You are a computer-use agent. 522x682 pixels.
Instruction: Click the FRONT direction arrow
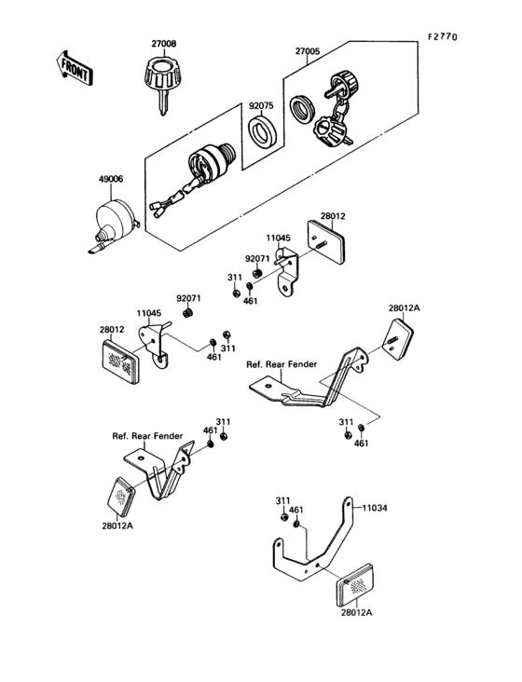72,67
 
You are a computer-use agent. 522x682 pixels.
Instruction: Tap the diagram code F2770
444,36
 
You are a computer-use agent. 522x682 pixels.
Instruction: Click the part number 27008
164,43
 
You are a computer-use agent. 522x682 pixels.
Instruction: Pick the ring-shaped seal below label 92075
260,129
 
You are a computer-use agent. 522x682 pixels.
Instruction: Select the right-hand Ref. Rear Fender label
280,364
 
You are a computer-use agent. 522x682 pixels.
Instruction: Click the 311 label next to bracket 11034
282,501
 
